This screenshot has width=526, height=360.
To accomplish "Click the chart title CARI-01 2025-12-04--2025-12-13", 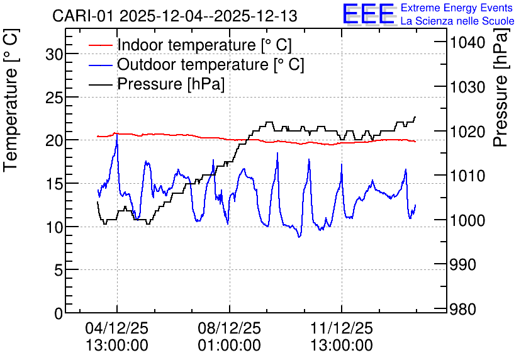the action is [175, 16].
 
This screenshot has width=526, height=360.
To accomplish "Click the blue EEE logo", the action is [369, 14].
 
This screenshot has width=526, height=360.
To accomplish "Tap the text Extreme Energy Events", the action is [457, 8].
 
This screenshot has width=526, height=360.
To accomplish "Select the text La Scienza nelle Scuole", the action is [457, 21].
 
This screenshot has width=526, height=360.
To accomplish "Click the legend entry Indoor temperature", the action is [204, 45].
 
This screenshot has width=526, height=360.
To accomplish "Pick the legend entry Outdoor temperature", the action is [211, 64].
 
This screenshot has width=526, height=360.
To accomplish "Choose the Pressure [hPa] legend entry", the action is [171, 84].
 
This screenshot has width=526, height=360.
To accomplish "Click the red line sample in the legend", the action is [100, 45].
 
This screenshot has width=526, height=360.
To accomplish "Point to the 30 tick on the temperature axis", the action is [54, 53].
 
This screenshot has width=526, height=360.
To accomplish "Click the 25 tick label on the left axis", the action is [54, 98].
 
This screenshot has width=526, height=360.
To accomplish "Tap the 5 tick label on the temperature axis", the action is [59, 270].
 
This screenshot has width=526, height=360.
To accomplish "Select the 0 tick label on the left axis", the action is [59, 313].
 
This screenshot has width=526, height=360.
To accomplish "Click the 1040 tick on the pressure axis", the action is [467, 43].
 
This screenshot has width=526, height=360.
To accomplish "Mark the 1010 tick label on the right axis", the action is [467, 176].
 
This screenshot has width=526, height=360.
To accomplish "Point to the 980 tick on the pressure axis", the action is [463, 309].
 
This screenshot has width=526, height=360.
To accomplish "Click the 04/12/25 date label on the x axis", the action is [117, 328].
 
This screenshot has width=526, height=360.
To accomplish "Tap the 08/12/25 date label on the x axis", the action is [229, 328].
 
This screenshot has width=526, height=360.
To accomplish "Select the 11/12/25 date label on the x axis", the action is [342, 328].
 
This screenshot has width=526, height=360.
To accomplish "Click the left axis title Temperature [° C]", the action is [11, 100].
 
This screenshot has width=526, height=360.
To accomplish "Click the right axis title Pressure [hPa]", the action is [501, 87].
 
